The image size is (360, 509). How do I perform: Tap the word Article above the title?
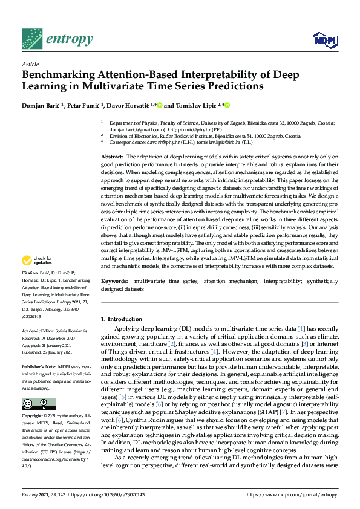coord(30,63)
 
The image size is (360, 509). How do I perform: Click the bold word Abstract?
coord(112,157)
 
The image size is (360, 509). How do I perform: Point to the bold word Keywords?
coord(114,282)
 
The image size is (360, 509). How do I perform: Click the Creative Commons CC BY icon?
coord(39,404)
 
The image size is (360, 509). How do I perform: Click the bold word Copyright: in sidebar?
coord(33,417)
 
